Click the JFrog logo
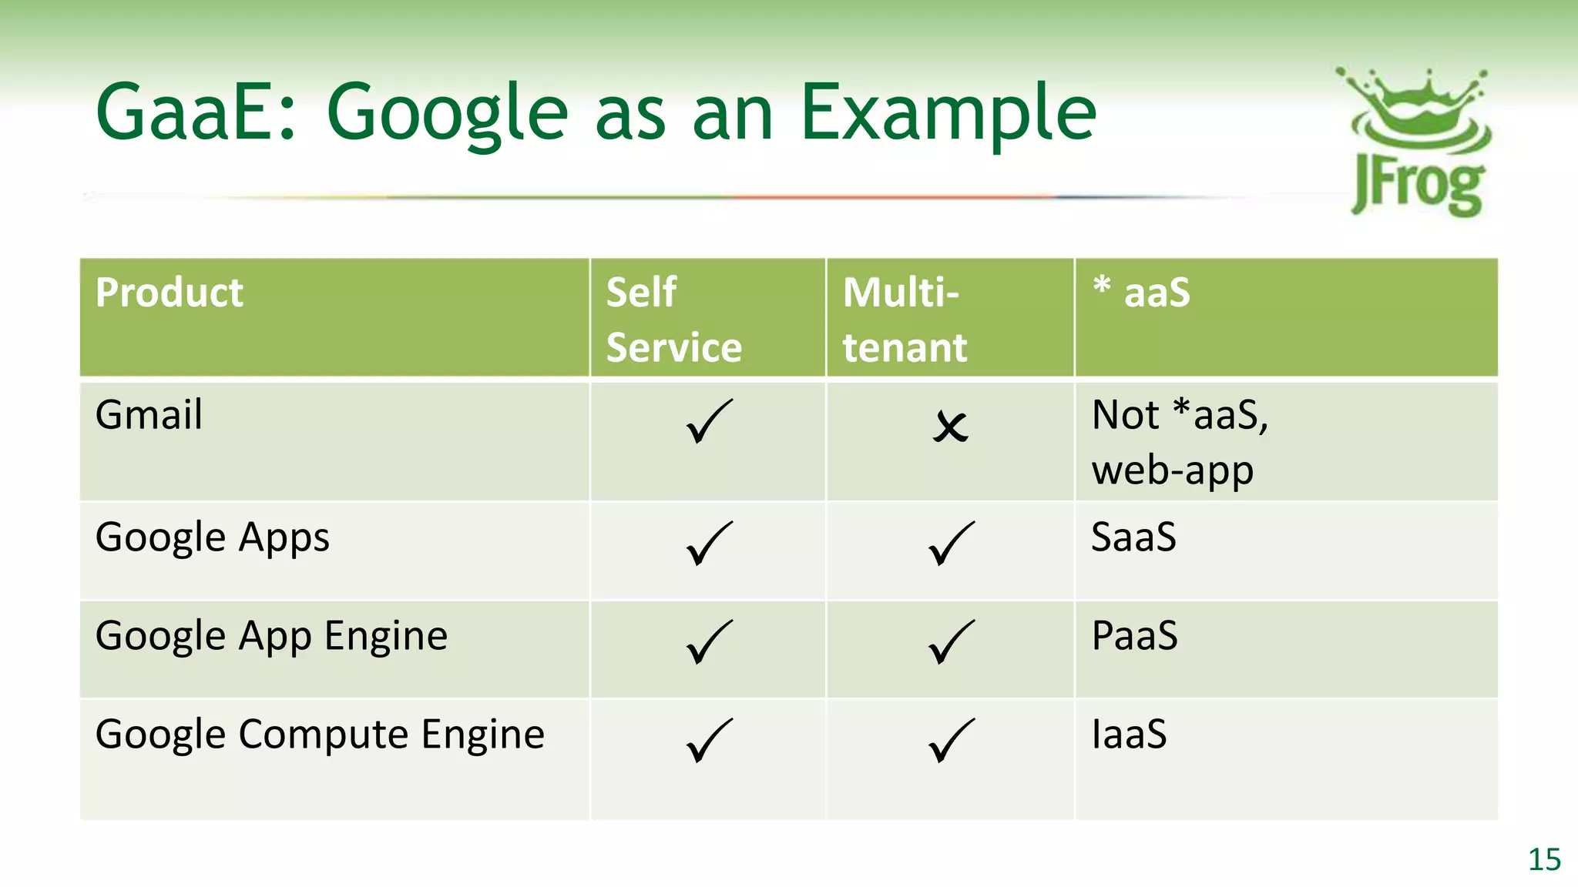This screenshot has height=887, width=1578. click(x=1416, y=142)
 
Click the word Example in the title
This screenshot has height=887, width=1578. click(x=948, y=113)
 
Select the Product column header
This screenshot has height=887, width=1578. click(x=170, y=293)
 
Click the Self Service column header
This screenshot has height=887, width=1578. click(x=673, y=319)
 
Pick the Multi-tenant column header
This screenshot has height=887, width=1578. click(x=905, y=319)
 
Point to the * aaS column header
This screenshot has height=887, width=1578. click(x=1141, y=293)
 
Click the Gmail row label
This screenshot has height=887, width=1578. click(x=149, y=415)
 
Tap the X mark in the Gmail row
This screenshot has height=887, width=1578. click(x=950, y=426)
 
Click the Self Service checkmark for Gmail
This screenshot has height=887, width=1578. click(x=708, y=421)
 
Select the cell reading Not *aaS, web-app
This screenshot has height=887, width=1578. click(x=1179, y=442)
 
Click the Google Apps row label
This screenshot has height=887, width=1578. click(x=212, y=537)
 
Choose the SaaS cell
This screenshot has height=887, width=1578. click(x=1133, y=537)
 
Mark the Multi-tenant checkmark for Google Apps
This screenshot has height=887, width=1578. click(x=951, y=544)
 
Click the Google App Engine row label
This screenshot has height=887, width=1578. click(x=271, y=636)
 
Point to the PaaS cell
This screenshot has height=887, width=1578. click(x=1134, y=636)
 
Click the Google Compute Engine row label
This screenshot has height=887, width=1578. click(x=320, y=735)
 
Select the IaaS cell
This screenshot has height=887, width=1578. click(x=1129, y=735)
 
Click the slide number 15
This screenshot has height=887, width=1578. click(x=1544, y=859)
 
